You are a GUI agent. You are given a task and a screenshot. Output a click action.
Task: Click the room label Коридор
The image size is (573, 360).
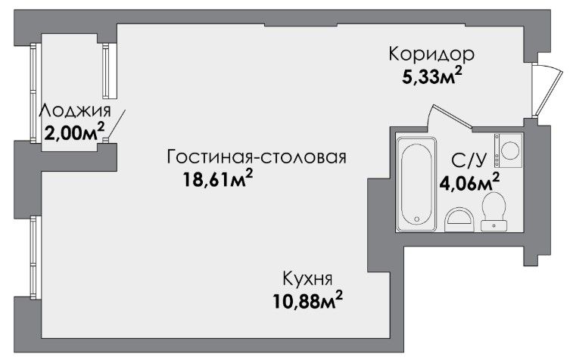(x=431, y=54)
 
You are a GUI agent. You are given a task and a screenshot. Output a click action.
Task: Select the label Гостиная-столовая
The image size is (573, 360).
(x=256, y=157)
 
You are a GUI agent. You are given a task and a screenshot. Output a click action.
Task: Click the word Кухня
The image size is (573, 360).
(x=308, y=279)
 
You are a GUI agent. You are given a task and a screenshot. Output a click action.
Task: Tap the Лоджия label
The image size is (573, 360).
(x=75, y=111)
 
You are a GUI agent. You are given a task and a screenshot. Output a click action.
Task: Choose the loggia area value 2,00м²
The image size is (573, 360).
(x=74, y=132)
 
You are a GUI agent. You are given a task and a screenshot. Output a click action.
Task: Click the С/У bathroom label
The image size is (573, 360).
(x=469, y=160)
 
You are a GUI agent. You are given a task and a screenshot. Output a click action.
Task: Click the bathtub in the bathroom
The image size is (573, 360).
(x=417, y=184)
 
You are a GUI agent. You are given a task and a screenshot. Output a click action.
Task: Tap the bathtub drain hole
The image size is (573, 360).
(x=417, y=219)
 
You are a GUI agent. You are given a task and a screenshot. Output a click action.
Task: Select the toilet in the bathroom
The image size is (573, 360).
(x=494, y=211)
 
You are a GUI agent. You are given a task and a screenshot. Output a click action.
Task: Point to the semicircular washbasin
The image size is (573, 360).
(x=459, y=220)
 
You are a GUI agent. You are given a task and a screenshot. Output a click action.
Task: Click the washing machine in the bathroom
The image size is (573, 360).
(x=509, y=151)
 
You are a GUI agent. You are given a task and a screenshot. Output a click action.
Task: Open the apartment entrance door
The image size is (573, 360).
(x=548, y=91)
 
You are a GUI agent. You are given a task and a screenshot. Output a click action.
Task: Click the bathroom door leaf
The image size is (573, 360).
(x=453, y=116)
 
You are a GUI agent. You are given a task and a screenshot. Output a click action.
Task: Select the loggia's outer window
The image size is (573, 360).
(x=33, y=93)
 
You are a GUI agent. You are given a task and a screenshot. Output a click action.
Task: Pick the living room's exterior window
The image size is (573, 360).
(x=34, y=257)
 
